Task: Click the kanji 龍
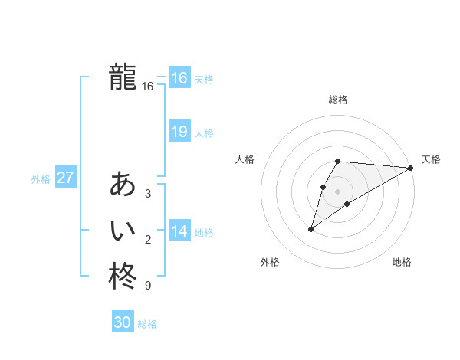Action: coord(123,77)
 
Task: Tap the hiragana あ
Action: coord(123,184)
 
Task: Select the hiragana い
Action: coord(123,230)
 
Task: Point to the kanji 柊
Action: coord(123,276)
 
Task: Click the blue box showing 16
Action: coord(179,78)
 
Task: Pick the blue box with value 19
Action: coord(179,132)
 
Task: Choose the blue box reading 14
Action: coord(179,231)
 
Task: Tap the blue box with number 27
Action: coord(66,178)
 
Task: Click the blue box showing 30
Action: coord(123,322)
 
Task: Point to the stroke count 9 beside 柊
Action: coord(148,286)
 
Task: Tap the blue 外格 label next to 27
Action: coord(41,179)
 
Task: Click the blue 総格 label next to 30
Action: coord(147,324)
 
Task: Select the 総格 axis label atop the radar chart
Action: coord(338,100)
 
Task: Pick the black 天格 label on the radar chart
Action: coord(431,159)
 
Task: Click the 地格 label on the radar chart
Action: coord(402,262)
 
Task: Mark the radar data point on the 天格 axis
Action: coord(411,168)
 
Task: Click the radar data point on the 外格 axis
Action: coord(311,229)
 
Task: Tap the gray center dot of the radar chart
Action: coord(338,191)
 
